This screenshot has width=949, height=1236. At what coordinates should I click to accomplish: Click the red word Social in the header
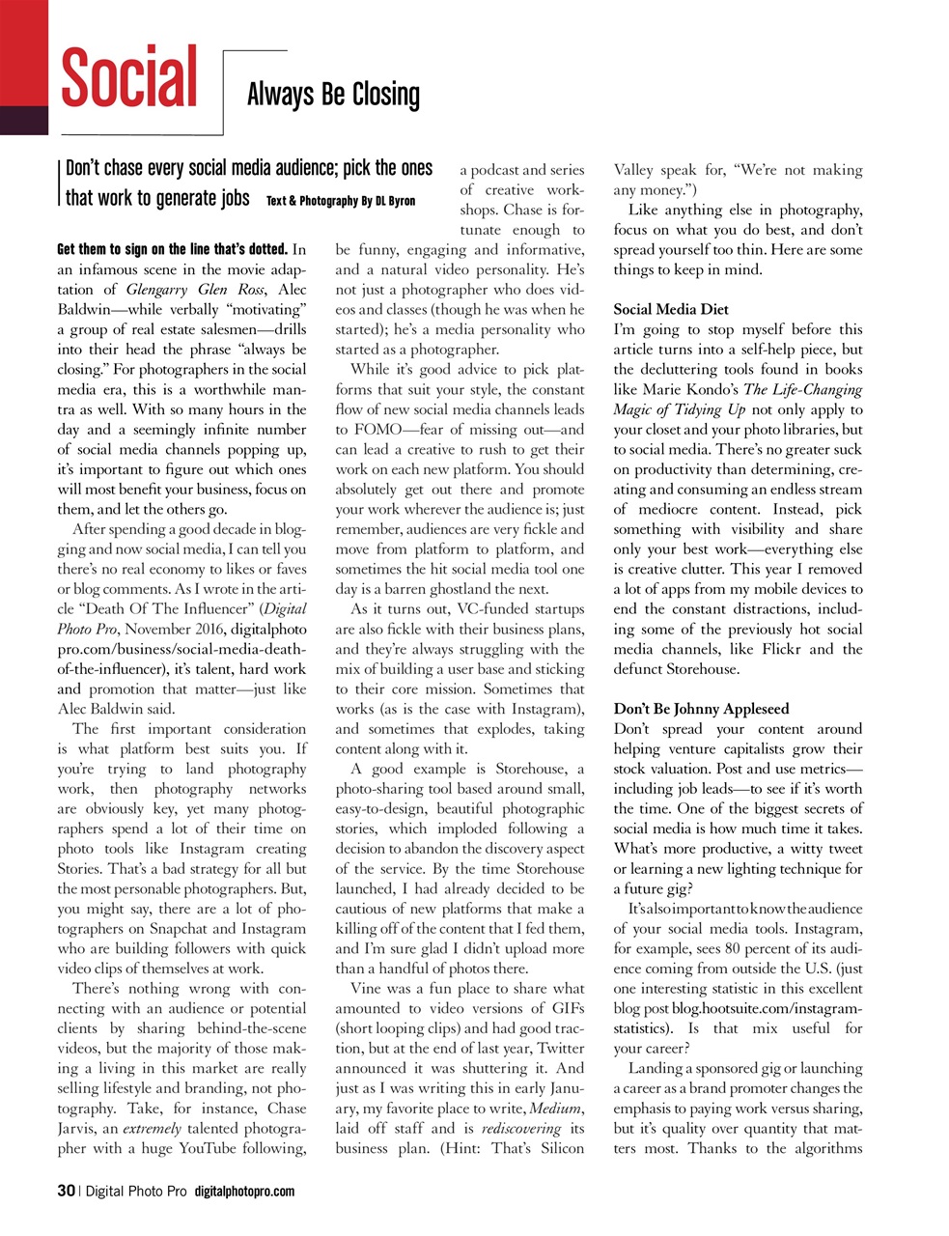coord(129,78)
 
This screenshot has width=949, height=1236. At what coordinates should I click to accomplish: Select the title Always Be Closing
coord(333,95)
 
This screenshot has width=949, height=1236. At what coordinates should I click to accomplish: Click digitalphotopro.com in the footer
coord(244,1192)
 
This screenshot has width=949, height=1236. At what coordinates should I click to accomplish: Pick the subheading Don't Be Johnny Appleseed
coord(701,709)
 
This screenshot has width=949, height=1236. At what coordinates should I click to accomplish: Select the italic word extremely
coord(152,1128)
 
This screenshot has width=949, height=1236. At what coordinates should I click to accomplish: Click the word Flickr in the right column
coord(776,649)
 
